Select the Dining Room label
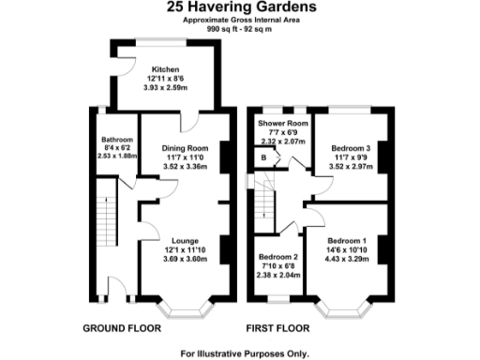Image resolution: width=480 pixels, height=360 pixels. point(183,149)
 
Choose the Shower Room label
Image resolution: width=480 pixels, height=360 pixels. point(282,124)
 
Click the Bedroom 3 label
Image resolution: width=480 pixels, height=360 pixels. point(351,148)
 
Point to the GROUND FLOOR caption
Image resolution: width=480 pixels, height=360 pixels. point(123,329)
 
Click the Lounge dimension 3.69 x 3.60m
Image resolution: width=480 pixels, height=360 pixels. point(183,257)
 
